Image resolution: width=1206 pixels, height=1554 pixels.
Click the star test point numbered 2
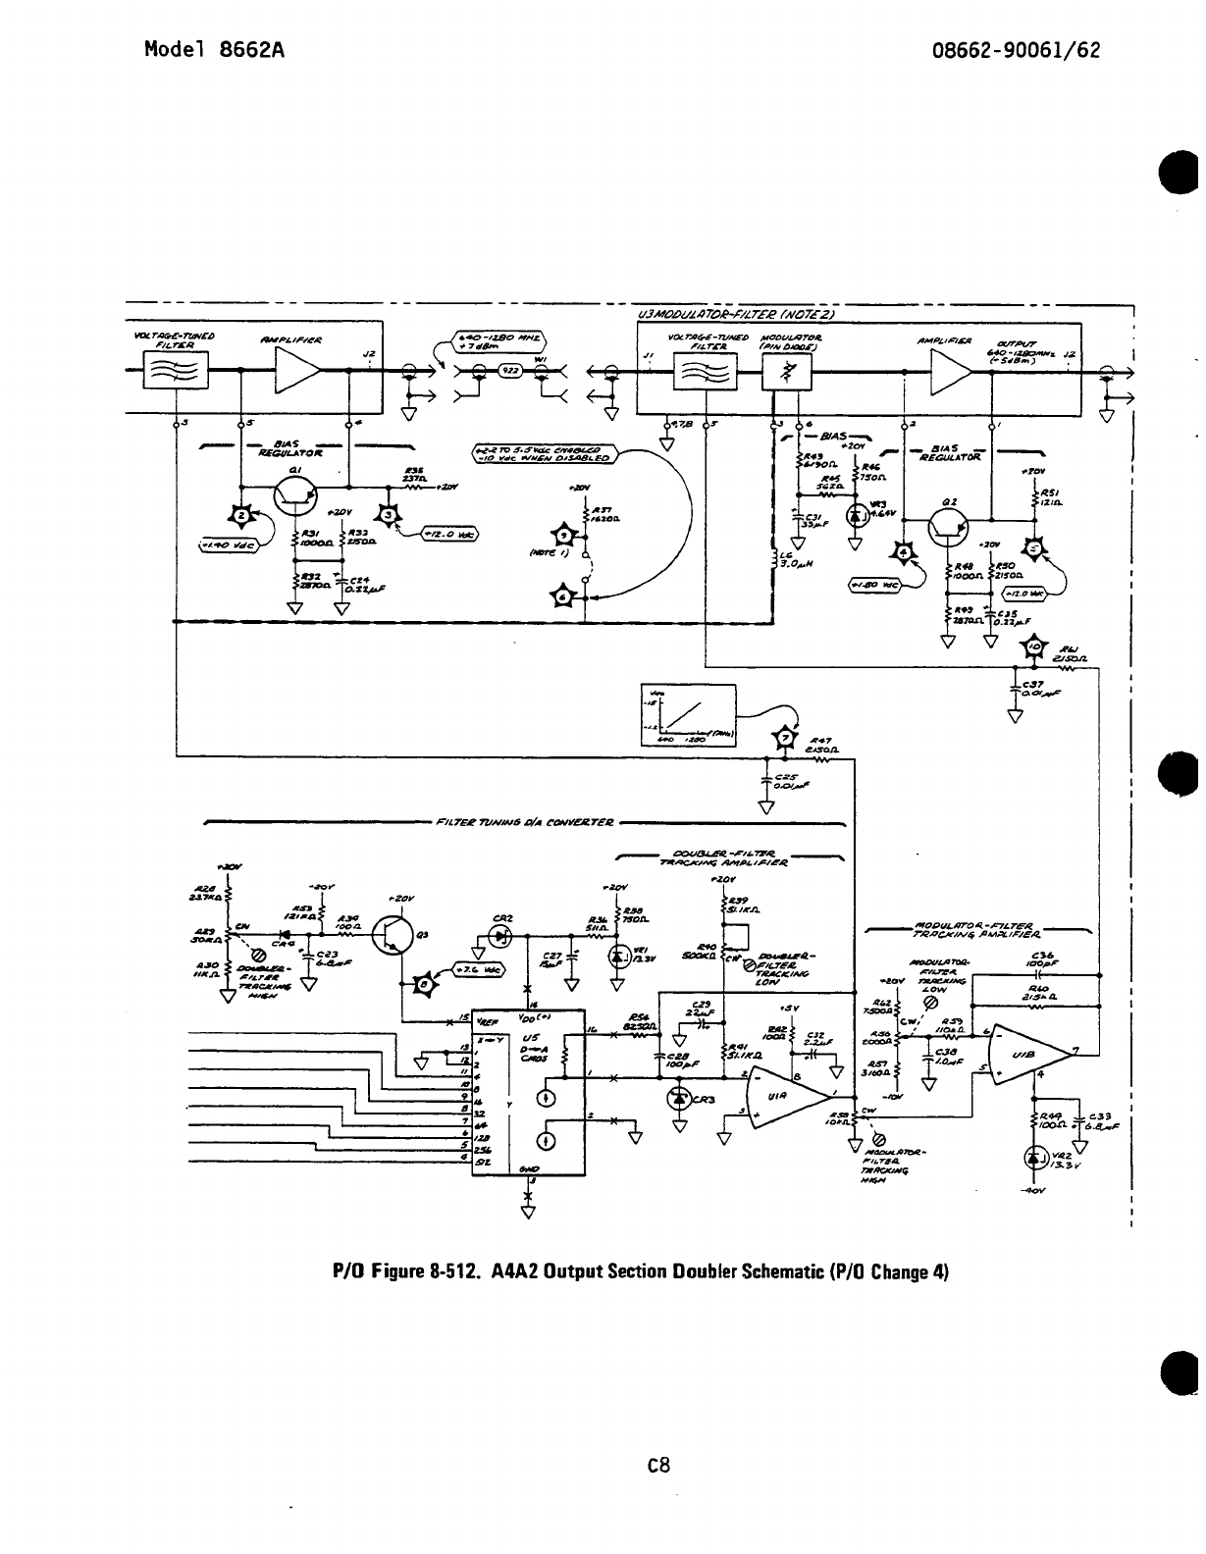pos(239,517)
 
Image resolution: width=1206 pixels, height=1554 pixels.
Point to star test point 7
pos(783,738)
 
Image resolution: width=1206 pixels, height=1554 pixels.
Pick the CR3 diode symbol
pos(679,1098)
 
